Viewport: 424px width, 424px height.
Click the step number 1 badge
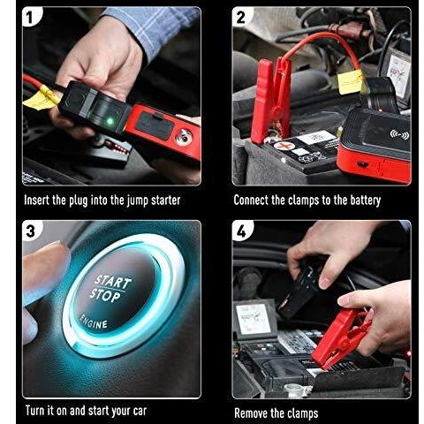click(31, 17)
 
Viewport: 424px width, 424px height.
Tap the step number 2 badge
click(241, 17)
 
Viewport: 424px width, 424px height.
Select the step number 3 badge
click(31, 231)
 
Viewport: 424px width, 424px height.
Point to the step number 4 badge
click(242, 231)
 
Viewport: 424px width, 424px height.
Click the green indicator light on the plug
click(110, 121)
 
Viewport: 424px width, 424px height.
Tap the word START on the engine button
click(112, 282)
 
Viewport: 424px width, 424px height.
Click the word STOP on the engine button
click(105, 295)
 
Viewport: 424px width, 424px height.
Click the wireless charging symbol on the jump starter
click(399, 135)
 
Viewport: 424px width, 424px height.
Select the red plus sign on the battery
click(284, 146)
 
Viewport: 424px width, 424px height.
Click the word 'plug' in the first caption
click(78, 201)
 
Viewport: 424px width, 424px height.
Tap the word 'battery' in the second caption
click(366, 201)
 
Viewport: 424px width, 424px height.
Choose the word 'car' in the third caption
click(140, 411)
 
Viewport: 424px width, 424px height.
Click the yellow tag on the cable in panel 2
click(351, 82)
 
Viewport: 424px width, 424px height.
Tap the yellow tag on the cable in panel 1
click(41, 98)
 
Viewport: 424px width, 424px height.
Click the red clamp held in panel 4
click(341, 339)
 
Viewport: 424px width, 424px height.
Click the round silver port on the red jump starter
click(184, 137)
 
